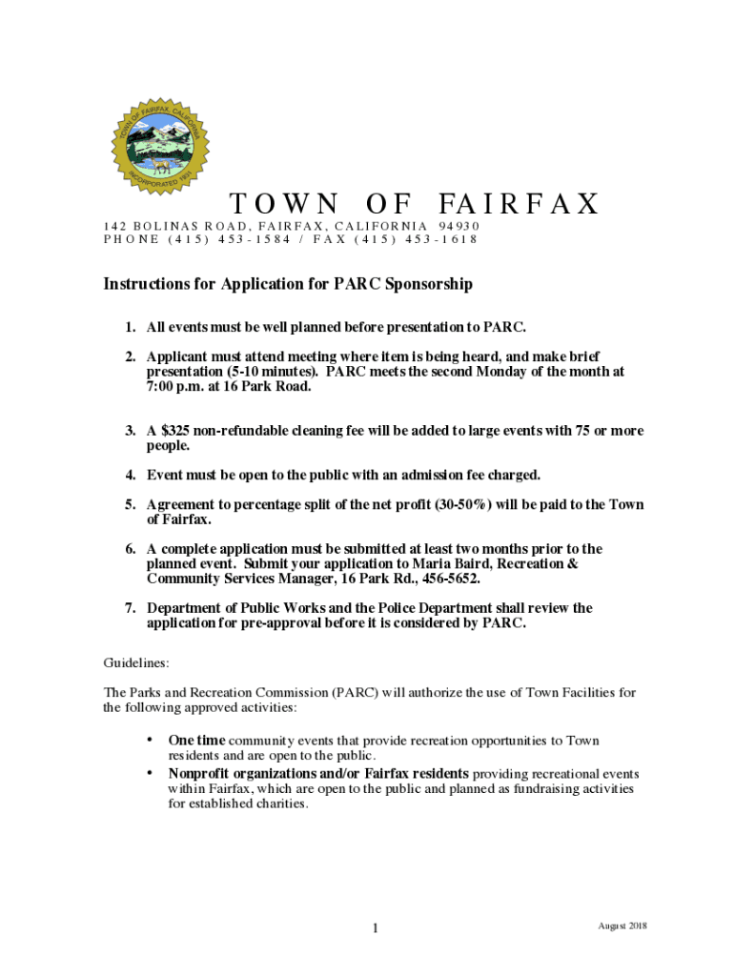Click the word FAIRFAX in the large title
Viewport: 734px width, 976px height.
520,204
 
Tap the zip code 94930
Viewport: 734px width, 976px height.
453,226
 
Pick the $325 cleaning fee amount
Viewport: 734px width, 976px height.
178,431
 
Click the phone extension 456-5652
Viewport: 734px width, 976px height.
450,579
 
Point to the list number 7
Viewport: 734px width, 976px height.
129,608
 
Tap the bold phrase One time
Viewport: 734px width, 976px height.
197,741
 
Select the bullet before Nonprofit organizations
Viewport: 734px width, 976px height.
149,773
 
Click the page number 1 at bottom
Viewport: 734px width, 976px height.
376,929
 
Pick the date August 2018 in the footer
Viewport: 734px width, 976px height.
622,926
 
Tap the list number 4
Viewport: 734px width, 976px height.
129,475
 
